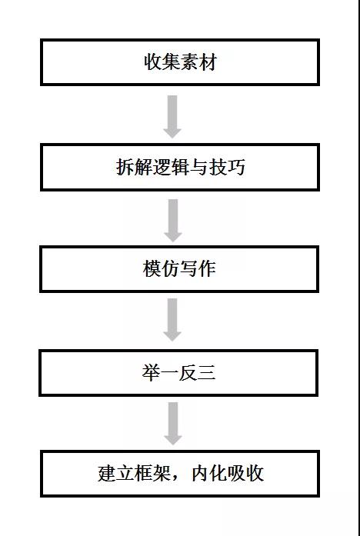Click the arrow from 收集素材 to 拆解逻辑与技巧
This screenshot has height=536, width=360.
tap(172, 117)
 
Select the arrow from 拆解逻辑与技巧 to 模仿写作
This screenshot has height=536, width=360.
tap(172, 221)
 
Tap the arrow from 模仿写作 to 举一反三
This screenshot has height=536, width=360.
tap(172, 320)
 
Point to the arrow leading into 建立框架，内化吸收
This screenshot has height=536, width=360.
tap(172, 424)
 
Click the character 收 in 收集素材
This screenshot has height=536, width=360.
tap(152, 62)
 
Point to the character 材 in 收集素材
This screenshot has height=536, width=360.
tap(208, 62)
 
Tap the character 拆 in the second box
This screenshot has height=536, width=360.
tap(125, 168)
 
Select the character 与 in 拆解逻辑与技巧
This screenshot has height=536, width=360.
tap(198, 168)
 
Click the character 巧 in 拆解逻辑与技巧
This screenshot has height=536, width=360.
tap(236, 168)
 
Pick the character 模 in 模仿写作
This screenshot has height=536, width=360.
tap(152, 268)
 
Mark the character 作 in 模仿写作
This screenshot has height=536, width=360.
tap(207, 268)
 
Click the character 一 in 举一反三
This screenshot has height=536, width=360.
tap(169, 373)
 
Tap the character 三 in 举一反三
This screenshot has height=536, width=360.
tap(206, 373)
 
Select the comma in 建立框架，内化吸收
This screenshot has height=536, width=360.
tap(177, 478)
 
